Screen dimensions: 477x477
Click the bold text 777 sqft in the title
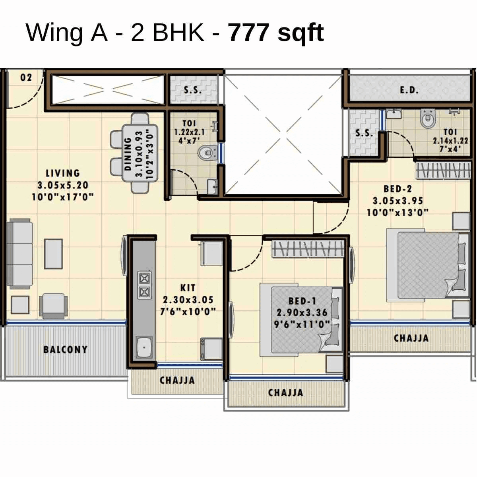(276, 33)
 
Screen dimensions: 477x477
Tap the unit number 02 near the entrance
(26, 77)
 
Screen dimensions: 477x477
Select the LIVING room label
(63, 173)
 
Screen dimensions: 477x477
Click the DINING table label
(128, 153)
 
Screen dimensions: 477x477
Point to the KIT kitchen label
(188, 287)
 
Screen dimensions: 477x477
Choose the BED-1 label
(302, 301)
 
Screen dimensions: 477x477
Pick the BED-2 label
(397, 189)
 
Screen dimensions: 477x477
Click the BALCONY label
(65, 350)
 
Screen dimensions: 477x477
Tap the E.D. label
(409, 90)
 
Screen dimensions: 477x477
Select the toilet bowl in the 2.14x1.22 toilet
(428, 119)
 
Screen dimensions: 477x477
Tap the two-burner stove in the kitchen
(144, 285)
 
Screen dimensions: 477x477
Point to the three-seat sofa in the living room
(19, 254)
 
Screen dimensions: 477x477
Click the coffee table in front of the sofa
(53, 254)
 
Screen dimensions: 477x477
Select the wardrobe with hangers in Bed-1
(308, 249)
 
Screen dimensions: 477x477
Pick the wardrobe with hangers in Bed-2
(443, 170)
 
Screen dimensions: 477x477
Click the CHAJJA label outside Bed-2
(411, 338)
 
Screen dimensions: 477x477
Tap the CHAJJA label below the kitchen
(177, 380)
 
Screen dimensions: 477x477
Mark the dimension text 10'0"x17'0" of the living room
(63, 197)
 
